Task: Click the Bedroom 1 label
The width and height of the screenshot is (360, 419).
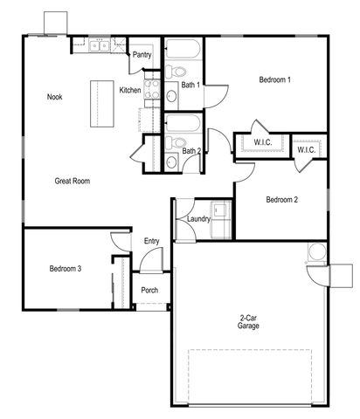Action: (274, 80)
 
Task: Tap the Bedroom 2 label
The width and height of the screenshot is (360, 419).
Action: (281, 200)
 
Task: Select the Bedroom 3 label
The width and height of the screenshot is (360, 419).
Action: (66, 269)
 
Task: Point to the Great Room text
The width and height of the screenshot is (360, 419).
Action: (73, 181)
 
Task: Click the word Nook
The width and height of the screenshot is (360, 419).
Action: (54, 97)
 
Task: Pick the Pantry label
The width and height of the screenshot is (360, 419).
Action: (142, 55)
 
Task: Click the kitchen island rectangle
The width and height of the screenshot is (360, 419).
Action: (103, 101)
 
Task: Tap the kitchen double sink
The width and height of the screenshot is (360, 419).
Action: (99, 48)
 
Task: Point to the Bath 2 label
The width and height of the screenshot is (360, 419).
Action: (191, 150)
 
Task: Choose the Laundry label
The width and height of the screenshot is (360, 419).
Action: (198, 219)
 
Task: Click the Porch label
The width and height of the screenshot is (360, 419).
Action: (149, 291)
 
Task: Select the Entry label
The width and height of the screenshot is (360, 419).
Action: (150, 241)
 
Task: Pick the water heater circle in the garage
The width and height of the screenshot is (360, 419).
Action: (316, 253)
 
